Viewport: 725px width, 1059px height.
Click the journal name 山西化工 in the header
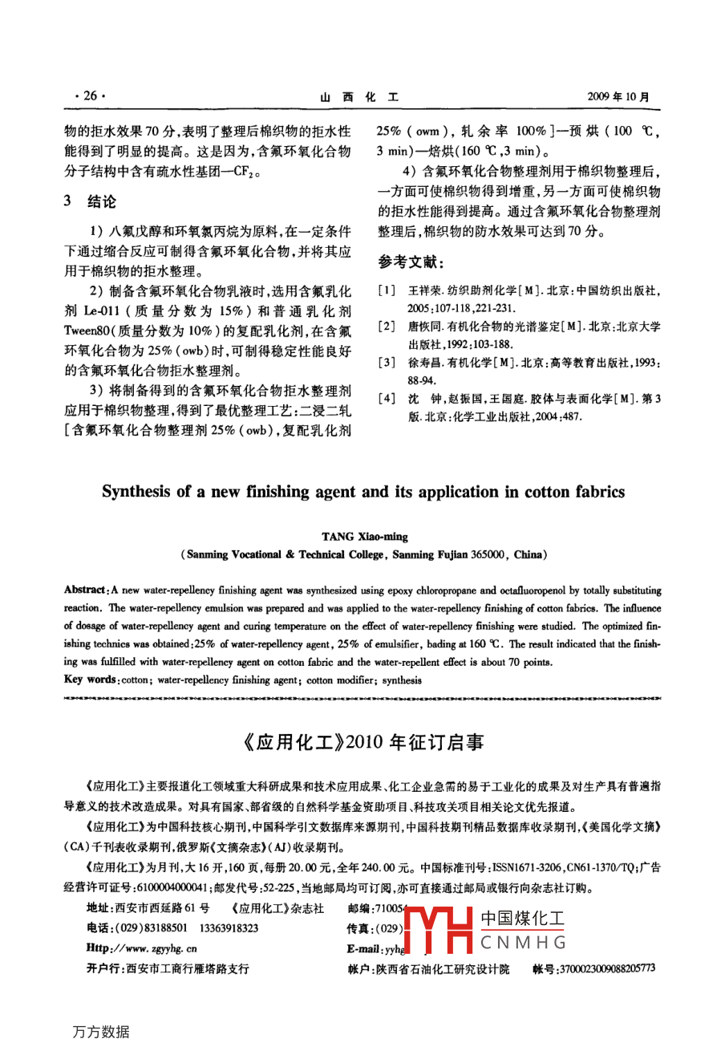point(359,97)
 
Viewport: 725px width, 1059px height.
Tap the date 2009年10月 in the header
point(618,97)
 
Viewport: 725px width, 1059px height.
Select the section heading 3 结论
point(90,201)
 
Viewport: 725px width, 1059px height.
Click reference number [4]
point(387,399)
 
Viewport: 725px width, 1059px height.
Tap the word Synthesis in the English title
point(136,492)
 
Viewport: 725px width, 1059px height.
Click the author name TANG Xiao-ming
point(365,537)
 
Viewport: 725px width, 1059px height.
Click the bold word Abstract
point(84,590)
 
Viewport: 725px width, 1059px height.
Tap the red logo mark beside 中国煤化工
point(439,930)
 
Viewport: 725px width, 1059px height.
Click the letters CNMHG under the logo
point(523,943)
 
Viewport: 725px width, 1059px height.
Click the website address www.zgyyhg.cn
point(152,948)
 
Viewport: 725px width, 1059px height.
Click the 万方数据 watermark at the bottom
point(100,1032)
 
